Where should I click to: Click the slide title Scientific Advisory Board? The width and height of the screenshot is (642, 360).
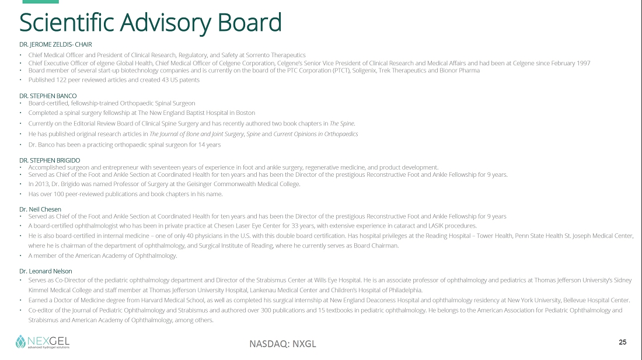151,23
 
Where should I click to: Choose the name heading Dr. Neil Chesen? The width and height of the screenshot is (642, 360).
40,209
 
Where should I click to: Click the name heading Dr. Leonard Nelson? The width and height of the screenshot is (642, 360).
46,271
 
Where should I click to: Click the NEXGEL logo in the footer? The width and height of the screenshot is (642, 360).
42,341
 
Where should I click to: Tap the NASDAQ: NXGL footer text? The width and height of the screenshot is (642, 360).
282,343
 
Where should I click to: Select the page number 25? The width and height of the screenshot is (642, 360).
622,342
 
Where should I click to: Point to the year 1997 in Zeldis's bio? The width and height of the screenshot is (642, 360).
582,63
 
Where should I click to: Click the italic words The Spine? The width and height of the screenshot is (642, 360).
342,123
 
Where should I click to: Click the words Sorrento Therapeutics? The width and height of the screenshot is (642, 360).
275,55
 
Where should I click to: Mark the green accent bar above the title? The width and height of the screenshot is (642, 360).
36,2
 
